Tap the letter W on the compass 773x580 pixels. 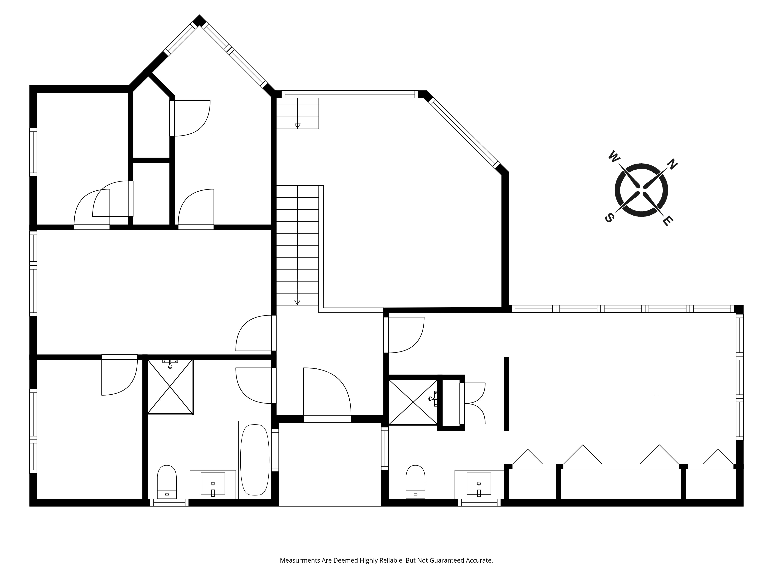(x=613, y=156)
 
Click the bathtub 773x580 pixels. (x=255, y=460)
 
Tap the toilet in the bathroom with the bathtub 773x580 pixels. (x=167, y=482)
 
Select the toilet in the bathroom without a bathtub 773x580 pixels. (x=415, y=482)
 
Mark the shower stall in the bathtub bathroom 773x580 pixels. (x=170, y=387)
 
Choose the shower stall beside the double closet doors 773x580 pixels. (x=413, y=402)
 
